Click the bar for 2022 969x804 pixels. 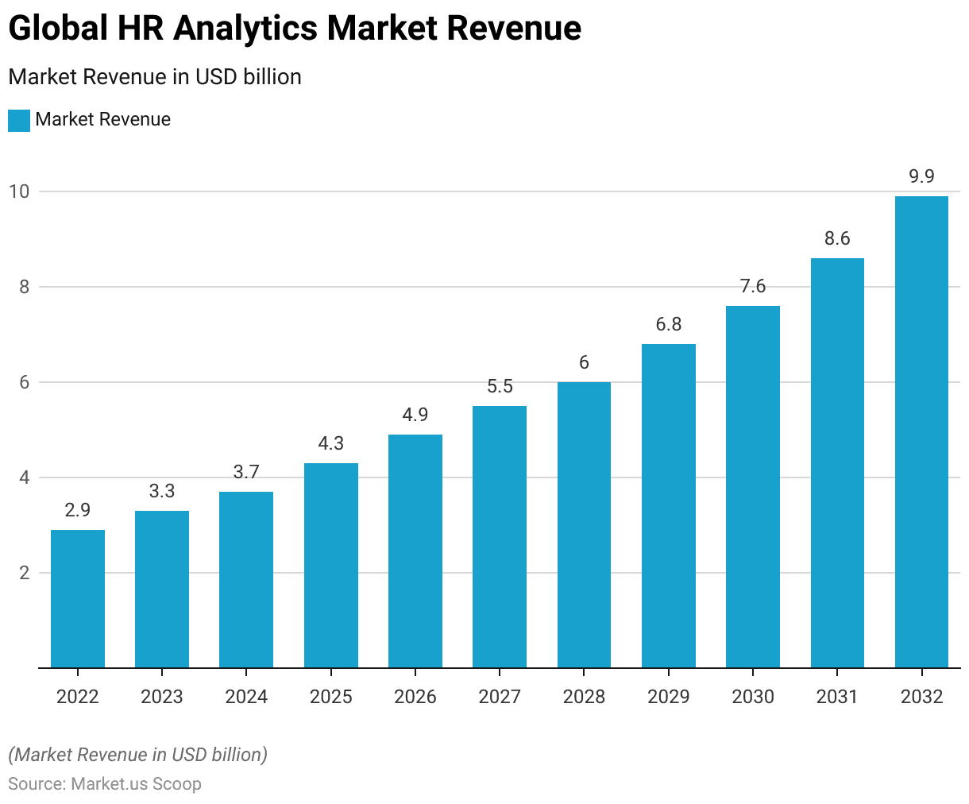[x=78, y=598]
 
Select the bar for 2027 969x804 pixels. [x=500, y=536]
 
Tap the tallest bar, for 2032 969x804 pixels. [x=921, y=431]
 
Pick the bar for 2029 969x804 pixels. [x=669, y=505]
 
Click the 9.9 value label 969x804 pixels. [x=921, y=176]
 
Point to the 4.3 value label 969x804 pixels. [x=330, y=443]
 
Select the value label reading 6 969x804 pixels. [x=584, y=362]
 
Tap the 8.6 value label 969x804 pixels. [x=837, y=238]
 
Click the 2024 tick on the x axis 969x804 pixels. [x=246, y=697]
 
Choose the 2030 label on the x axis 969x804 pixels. [x=753, y=697]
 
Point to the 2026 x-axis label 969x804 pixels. [x=415, y=697]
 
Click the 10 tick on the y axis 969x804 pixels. [x=19, y=191]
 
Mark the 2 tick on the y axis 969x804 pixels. [x=24, y=573]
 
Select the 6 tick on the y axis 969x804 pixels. [x=24, y=382]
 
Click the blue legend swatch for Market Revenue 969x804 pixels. [x=19, y=120]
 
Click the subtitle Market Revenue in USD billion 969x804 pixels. [x=155, y=77]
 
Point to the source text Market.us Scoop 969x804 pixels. [x=136, y=784]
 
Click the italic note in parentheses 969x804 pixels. [x=138, y=755]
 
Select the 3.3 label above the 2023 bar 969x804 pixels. [x=162, y=491]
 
